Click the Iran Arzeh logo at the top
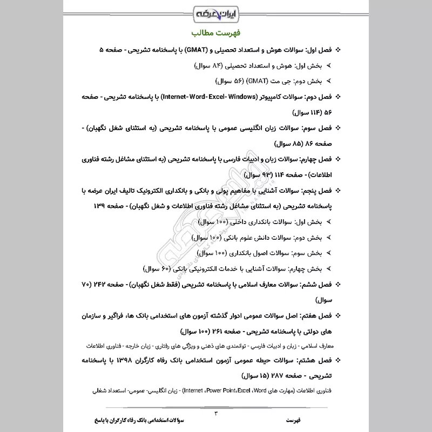pyautogui.click(x=215, y=11)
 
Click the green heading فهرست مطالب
pyautogui.click(x=215, y=32)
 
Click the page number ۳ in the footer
pyautogui.click(x=215, y=414)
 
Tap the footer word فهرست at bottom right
pyautogui.click(x=294, y=419)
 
